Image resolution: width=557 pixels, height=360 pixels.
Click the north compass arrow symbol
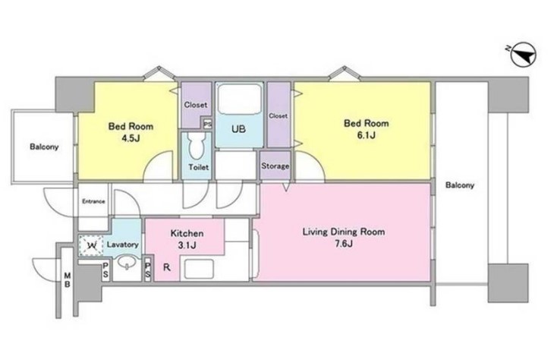[x=523, y=55]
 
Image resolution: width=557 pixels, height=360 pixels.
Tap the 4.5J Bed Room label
[x=131, y=132]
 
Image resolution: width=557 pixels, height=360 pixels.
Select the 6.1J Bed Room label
[x=367, y=128]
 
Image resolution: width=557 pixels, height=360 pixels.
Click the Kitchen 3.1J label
[x=187, y=238]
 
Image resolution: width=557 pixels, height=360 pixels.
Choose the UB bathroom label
[x=238, y=128]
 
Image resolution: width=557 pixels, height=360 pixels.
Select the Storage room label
[x=275, y=166]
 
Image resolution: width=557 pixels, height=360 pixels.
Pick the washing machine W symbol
[x=90, y=245]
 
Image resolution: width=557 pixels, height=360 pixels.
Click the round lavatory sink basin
[x=127, y=264]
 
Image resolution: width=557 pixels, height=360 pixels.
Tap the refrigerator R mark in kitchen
[x=167, y=267]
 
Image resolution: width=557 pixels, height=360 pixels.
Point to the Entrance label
[x=93, y=201]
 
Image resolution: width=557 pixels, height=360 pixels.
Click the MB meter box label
[x=68, y=279]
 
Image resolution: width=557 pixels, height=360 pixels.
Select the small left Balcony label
[x=44, y=147]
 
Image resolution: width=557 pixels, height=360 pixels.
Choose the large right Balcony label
[x=460, y=185]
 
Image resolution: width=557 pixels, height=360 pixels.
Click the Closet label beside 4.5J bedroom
[x=196, y=105]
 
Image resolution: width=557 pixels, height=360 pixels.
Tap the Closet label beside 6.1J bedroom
[x=278, y=116]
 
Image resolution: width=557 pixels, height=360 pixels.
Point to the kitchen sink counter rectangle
[x=199, y=269]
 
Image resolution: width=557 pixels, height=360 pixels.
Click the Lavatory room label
[x=122, y=245]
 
